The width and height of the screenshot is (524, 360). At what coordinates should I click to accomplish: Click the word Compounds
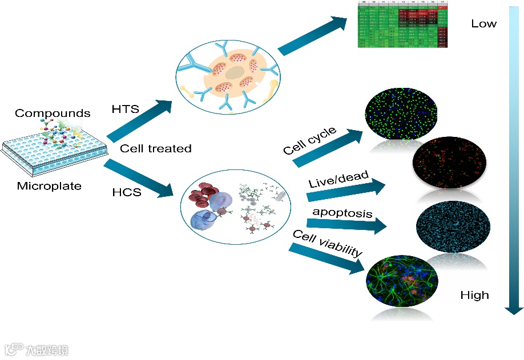[x=53, y=113]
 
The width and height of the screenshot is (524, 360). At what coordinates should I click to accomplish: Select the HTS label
[x=126, y=109]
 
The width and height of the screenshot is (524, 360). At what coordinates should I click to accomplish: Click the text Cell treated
[x=155, y=148]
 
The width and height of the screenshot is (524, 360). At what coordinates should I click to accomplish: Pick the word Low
[x=483, y=24]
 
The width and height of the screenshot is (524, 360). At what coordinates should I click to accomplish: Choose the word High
[x=474, y=295]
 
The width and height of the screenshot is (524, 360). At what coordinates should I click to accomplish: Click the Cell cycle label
[x=309, y=141]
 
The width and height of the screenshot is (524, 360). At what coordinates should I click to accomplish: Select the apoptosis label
[x=342, y=213]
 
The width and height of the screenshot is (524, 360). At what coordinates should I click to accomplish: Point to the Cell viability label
[x=327, y=244]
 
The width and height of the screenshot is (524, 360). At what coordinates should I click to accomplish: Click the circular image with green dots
[x=401, y=114]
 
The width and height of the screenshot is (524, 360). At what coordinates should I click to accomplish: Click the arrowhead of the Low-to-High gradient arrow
[x=514, y=309]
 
